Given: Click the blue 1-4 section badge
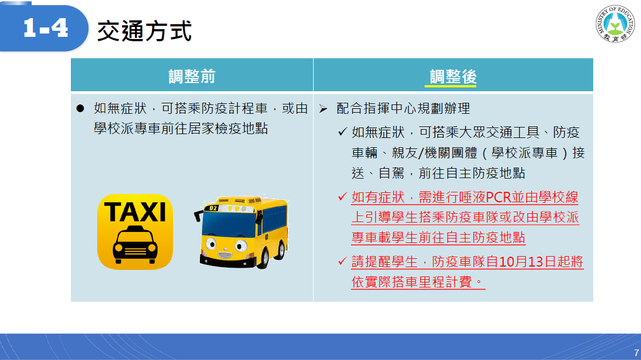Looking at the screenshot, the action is coord(44,28).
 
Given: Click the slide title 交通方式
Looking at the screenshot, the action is coord(144,31).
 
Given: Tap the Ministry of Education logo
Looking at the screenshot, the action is coord(615,24).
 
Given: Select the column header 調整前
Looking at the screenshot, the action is coord(192,76).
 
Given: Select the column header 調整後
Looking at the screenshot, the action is coord(453,76).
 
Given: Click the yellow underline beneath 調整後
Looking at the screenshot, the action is coord(450,86).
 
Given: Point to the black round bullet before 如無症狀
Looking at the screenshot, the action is coord(80,108).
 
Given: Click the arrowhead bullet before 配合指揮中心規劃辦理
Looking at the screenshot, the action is coord(324,109).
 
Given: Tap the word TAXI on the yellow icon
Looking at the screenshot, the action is coord(135,212).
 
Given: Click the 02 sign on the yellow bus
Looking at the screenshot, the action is coord(214,208).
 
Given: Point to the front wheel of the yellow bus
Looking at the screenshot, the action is coord(263,257).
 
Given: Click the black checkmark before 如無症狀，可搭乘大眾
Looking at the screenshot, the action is coord(343,132).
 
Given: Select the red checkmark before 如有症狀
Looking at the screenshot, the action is coord(343,197).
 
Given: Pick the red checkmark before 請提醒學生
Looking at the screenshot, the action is coord(343,261).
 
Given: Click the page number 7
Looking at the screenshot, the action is coord(636,353).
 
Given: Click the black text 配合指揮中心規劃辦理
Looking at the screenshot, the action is coord(403,108).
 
